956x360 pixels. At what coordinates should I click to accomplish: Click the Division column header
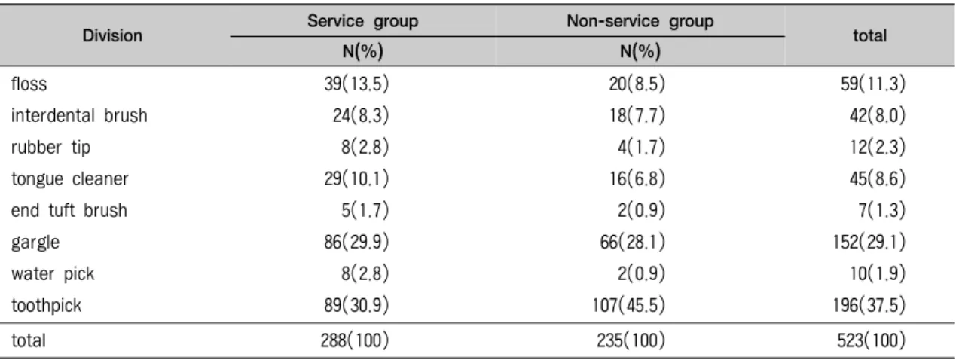coord(112,35)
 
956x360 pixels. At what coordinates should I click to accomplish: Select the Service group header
coord(363,21)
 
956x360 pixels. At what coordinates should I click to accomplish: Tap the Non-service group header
coord(640,21)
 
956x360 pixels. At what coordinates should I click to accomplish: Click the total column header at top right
coord(870,35)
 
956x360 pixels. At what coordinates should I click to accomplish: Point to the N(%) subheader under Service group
coord(363,51)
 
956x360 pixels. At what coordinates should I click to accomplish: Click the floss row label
coord(29,84)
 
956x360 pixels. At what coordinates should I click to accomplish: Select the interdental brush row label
coord(79,115)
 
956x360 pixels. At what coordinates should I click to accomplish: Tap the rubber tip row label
coord(50,147)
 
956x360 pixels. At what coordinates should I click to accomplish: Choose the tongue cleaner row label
coord(69,178)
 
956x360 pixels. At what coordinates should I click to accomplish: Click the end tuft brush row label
coord(69,210)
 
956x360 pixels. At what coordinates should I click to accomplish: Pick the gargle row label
coord(35,243)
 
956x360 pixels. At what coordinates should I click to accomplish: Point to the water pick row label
coord(53,274)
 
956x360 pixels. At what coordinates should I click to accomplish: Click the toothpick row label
coord(46,306)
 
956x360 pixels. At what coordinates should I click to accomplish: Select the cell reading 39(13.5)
coord(356,84)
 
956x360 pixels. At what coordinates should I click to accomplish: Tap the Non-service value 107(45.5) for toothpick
coord(628,306)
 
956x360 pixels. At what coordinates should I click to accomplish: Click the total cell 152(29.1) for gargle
coord(869,243)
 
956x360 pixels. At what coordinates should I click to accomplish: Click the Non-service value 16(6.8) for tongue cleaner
coord(637,178)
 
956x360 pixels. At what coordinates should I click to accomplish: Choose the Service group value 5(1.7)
coord(365,210)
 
